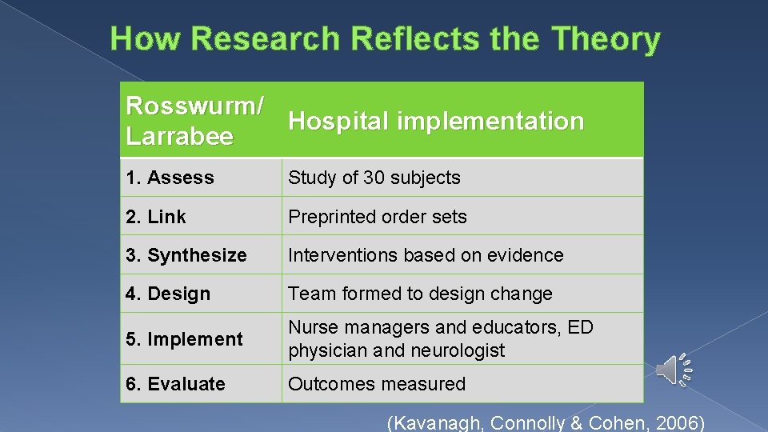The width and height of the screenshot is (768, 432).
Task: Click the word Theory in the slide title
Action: click(x=606, y=38)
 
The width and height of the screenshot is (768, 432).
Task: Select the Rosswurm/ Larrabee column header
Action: click(x=194, y=121)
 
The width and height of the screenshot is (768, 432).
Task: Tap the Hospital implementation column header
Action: click(x=436, y=122)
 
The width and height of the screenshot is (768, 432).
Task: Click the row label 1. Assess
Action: click(x=170, y=178)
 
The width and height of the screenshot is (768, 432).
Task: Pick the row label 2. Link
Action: click(x=156, y=217)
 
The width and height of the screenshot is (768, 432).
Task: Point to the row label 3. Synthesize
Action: click(x=186, y=255)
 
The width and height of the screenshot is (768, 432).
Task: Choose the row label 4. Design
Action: click(x=168, y=294)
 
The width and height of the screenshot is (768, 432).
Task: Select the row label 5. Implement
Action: click(x=184, y=339)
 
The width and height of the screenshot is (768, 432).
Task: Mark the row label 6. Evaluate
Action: click(x=175, y=384)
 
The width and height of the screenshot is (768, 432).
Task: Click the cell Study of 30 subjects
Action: click(x=374, y=178)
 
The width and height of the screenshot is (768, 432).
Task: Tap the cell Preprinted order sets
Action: click(x=378, y=217)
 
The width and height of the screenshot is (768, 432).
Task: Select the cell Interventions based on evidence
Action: click(x=426, y=255)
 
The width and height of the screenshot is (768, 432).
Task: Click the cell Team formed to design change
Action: click(x=420, y=294)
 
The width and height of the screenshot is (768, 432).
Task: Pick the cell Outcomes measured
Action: click(x=377, y=384)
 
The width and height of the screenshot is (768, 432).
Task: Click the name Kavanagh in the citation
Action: click(x=437, y=422)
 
